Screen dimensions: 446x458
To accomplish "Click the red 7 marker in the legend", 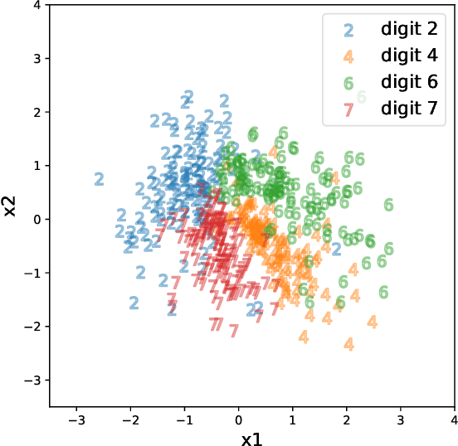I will (x=348, y=109).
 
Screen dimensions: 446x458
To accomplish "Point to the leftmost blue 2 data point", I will (x=100, y=178).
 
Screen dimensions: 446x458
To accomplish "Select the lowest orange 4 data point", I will (x=349, y=343).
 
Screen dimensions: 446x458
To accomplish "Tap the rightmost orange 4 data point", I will (x=373, y=322).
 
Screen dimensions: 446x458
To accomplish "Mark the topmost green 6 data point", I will (x=361, y=97).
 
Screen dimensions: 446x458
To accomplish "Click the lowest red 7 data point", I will (x=234, y=331).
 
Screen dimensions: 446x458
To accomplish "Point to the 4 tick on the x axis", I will (x=454, y=407).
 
